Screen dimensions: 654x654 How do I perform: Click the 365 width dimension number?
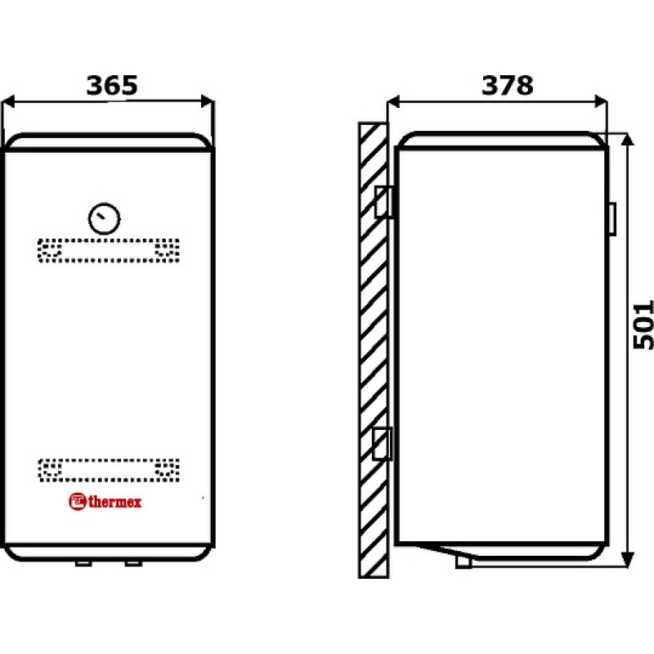(112, 85)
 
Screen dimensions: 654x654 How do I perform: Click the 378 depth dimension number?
(507, 85)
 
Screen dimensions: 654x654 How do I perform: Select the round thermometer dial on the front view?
(105, 218)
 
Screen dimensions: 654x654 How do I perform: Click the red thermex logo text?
(115, 502)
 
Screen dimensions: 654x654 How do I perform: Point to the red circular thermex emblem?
(77, 501)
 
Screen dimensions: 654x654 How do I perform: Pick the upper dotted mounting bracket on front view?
(109, 250)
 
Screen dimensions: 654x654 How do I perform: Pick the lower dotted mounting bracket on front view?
(109, 470)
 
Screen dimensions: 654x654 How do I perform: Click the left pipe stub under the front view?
(83, 563)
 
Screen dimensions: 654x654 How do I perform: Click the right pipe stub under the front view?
(133, 563)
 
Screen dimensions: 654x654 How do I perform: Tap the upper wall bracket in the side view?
(383, 202)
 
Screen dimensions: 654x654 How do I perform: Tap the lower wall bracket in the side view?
(382, 444)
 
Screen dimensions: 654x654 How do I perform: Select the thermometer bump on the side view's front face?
(612, 218)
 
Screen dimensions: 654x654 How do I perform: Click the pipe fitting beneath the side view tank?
(464, 561)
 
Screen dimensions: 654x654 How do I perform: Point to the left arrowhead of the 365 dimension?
(8, 101)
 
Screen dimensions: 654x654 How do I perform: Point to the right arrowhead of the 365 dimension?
(208, 101)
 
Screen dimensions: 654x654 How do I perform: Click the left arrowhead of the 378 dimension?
(393, 101)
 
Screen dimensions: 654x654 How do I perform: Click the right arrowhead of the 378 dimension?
(601, 101)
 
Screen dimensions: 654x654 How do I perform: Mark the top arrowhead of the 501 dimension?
(627, 140)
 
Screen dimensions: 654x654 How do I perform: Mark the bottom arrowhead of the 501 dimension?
(627, 559)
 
